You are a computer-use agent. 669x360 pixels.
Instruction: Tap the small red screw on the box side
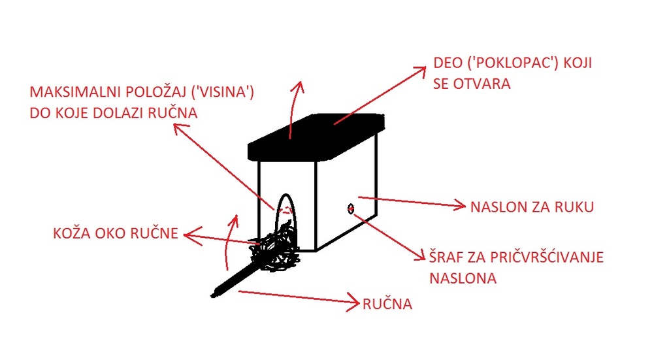tap(351, 208)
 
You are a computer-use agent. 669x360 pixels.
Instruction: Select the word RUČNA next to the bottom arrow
tap(387, 304)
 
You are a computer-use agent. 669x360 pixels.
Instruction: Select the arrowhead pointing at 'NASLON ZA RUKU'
tap(461, 206)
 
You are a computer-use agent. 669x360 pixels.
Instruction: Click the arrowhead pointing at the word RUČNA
tap(353, 303)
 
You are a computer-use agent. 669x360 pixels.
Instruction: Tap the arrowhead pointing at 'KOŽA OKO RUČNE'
tap(189, 233)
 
